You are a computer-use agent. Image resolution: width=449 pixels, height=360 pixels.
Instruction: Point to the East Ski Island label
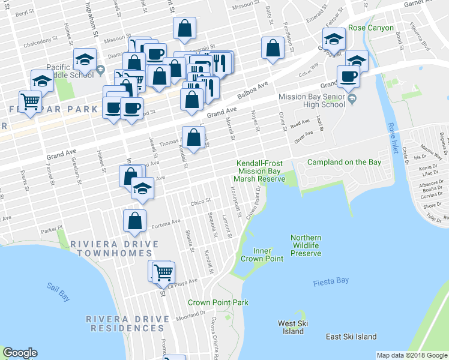pos(351,337)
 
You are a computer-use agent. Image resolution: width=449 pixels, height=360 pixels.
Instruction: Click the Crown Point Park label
pos(218,302)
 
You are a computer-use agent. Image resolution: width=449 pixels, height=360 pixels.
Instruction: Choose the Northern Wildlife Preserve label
pos(306,245)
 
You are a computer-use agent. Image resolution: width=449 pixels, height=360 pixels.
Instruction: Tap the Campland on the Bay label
pos(344,162)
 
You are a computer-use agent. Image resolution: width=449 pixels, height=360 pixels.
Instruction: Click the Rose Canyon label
pos(370,28)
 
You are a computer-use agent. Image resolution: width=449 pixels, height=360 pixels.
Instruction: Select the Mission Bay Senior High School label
pos(311,100)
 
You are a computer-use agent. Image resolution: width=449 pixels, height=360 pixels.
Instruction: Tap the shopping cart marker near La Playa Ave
pos(163,272)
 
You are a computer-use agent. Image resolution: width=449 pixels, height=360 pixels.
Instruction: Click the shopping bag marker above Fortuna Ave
pos(134,220)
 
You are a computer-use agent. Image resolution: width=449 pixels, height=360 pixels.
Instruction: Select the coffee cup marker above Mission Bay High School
pos(349,76)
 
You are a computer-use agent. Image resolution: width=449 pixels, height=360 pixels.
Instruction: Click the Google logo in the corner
pos(20,353)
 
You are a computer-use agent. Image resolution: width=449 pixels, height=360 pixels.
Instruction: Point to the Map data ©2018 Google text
pos(412,355)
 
